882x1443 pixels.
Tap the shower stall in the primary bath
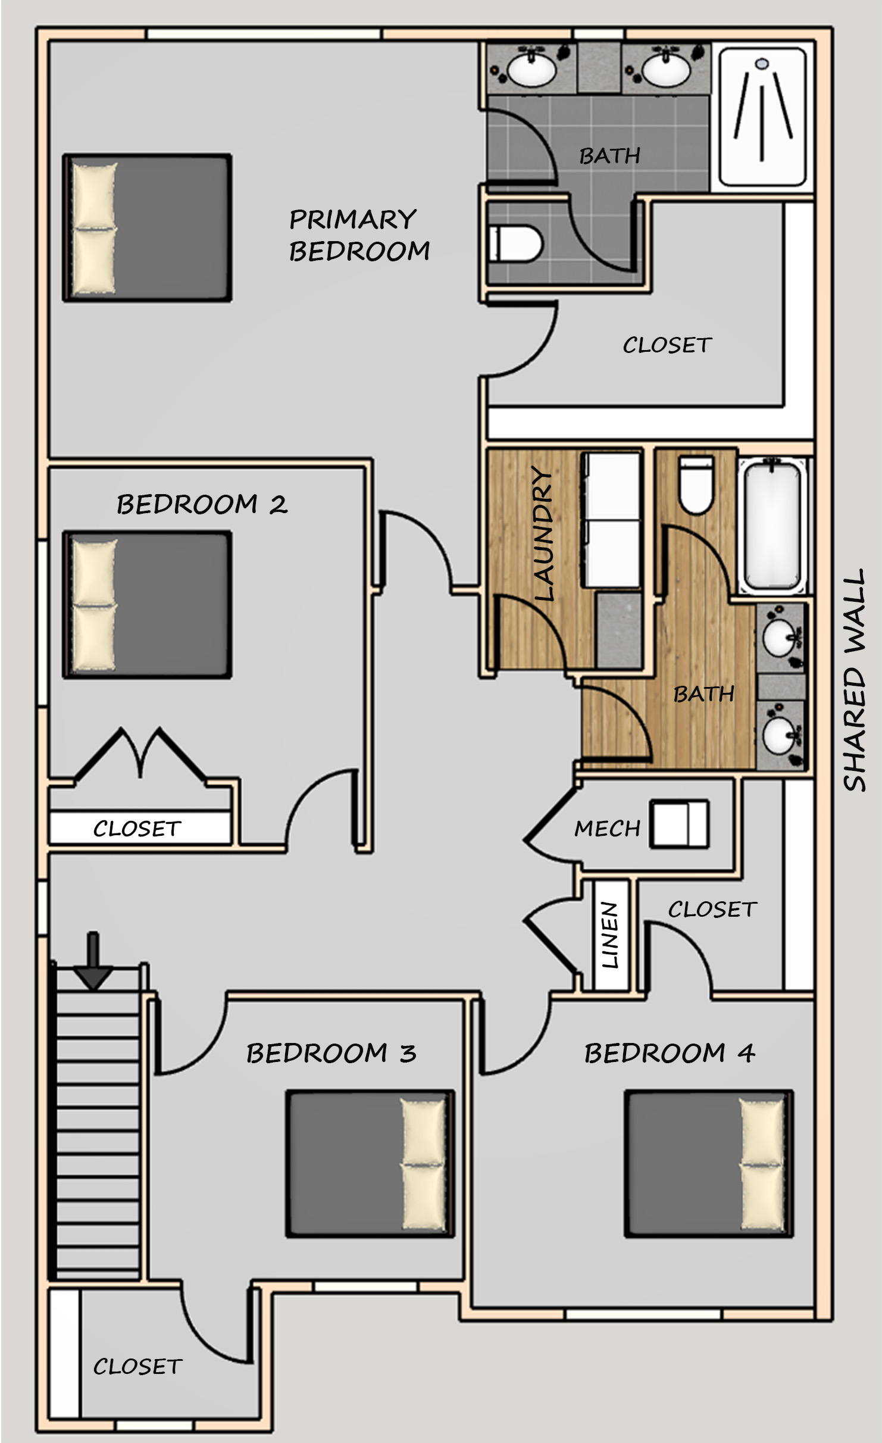(763, 117)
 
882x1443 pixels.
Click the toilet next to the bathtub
(696, 485)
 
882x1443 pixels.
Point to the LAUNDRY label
(543, 533)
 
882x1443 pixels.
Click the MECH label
(607, 829)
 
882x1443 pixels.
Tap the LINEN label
(611, 935)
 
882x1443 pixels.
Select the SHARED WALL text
(853, 680)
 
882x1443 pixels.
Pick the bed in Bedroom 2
(147, 605)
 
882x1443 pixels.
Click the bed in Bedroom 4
(708, 1164)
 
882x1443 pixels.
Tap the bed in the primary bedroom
(147, 228)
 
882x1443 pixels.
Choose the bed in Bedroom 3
(370, 1164)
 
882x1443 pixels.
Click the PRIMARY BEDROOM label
(359, 235)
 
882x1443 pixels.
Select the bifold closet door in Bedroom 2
(140, 753)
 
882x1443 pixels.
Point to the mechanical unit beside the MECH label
(679, 823)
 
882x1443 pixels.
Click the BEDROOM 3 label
(331, 1053)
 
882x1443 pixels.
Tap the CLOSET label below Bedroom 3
(137, 1366)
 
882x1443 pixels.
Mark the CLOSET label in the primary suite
(667, 345)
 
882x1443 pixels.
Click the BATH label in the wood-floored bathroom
(703, 694)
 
